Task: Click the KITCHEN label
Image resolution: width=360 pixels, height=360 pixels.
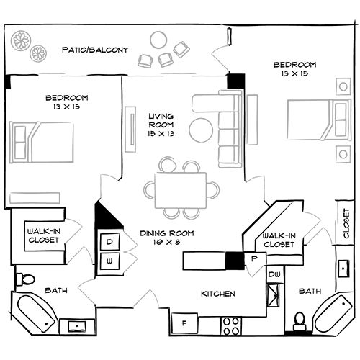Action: [218, 294]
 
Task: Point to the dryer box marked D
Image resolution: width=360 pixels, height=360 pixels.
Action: [110, 243]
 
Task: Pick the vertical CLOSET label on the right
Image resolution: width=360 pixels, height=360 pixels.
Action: [346, 222]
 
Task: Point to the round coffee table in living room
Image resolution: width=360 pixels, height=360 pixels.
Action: [202, 129]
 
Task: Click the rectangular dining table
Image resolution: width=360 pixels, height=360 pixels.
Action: [181, 189]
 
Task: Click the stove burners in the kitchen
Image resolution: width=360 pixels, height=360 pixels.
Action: [231, 325]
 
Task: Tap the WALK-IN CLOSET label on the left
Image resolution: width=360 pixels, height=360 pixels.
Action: [42, 235]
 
